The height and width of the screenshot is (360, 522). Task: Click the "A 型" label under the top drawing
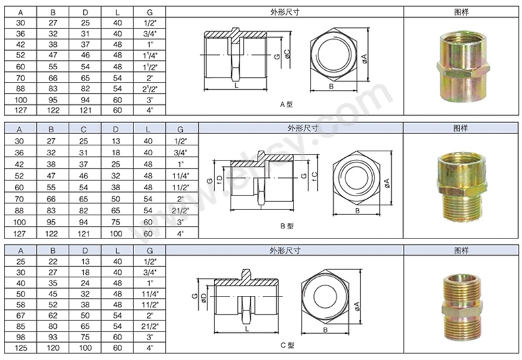pos(285,104)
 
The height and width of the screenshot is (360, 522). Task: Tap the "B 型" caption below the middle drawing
pos(285,225)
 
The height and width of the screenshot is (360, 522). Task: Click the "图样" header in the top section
pos(462,11)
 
